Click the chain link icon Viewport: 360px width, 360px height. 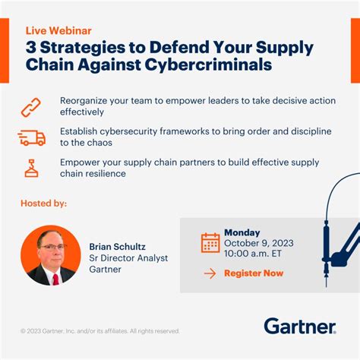click(x=31, y=107)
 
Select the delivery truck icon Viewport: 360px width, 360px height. click(x=31, y=137)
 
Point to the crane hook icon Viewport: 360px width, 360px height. click(x=31, y=167)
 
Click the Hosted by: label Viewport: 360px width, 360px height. click(x=45, y=204)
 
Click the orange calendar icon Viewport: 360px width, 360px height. click(x=210, y=242)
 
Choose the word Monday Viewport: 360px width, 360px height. click(x=242, y=232)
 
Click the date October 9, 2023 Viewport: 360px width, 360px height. click(x=258, y=243)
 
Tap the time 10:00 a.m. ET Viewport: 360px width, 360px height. click(x=254, y=254)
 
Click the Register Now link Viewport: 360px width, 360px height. click(x=254, y=273)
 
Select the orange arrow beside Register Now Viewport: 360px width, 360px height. click(x=210, y=273)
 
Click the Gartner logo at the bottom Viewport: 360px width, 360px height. click(x=299, y=327)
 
